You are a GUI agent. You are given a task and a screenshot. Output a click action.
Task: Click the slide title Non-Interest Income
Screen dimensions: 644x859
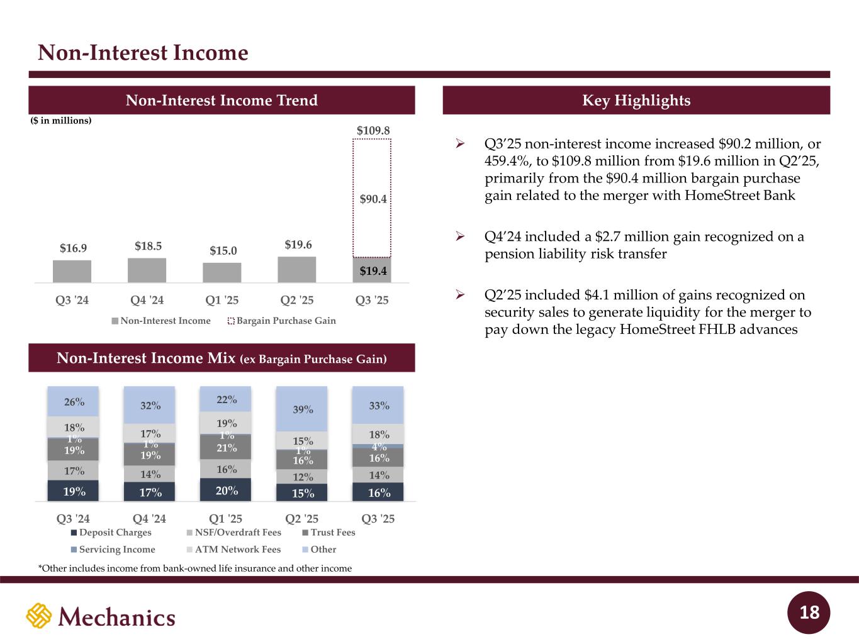coord(143,53)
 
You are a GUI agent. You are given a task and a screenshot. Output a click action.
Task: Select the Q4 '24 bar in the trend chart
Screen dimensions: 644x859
coord(147,270)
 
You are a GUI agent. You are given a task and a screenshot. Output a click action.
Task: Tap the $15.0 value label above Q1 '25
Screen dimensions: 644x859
coord(223,251)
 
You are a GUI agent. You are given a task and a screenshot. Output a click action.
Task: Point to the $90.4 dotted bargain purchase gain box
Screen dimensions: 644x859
coord(372,199)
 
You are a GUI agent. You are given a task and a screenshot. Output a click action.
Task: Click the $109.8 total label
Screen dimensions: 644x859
coord(373,130)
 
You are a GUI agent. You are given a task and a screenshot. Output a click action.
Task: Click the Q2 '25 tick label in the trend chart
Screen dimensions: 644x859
coord(298,300)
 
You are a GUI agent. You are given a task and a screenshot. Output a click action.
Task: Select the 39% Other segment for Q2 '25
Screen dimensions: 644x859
coord(302,409)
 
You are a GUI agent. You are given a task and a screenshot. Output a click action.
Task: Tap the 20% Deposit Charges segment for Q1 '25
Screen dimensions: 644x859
coord(226,490)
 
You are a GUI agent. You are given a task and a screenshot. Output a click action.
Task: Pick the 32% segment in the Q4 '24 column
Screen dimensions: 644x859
coord(150,406)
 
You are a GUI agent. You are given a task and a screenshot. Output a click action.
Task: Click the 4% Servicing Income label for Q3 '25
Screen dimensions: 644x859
coord(379,447)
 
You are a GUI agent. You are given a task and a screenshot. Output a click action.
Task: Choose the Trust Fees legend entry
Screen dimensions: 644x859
coord(328,533)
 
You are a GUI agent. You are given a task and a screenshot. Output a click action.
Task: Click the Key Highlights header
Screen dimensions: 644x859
coord(636,101)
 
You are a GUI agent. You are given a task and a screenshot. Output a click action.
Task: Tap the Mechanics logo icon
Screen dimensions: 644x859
coord(38,616)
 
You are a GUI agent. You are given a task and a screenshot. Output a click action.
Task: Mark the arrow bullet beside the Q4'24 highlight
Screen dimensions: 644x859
coord(459,237)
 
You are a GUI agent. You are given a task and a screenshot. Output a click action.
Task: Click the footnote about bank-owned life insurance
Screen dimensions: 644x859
coord(194,569)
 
